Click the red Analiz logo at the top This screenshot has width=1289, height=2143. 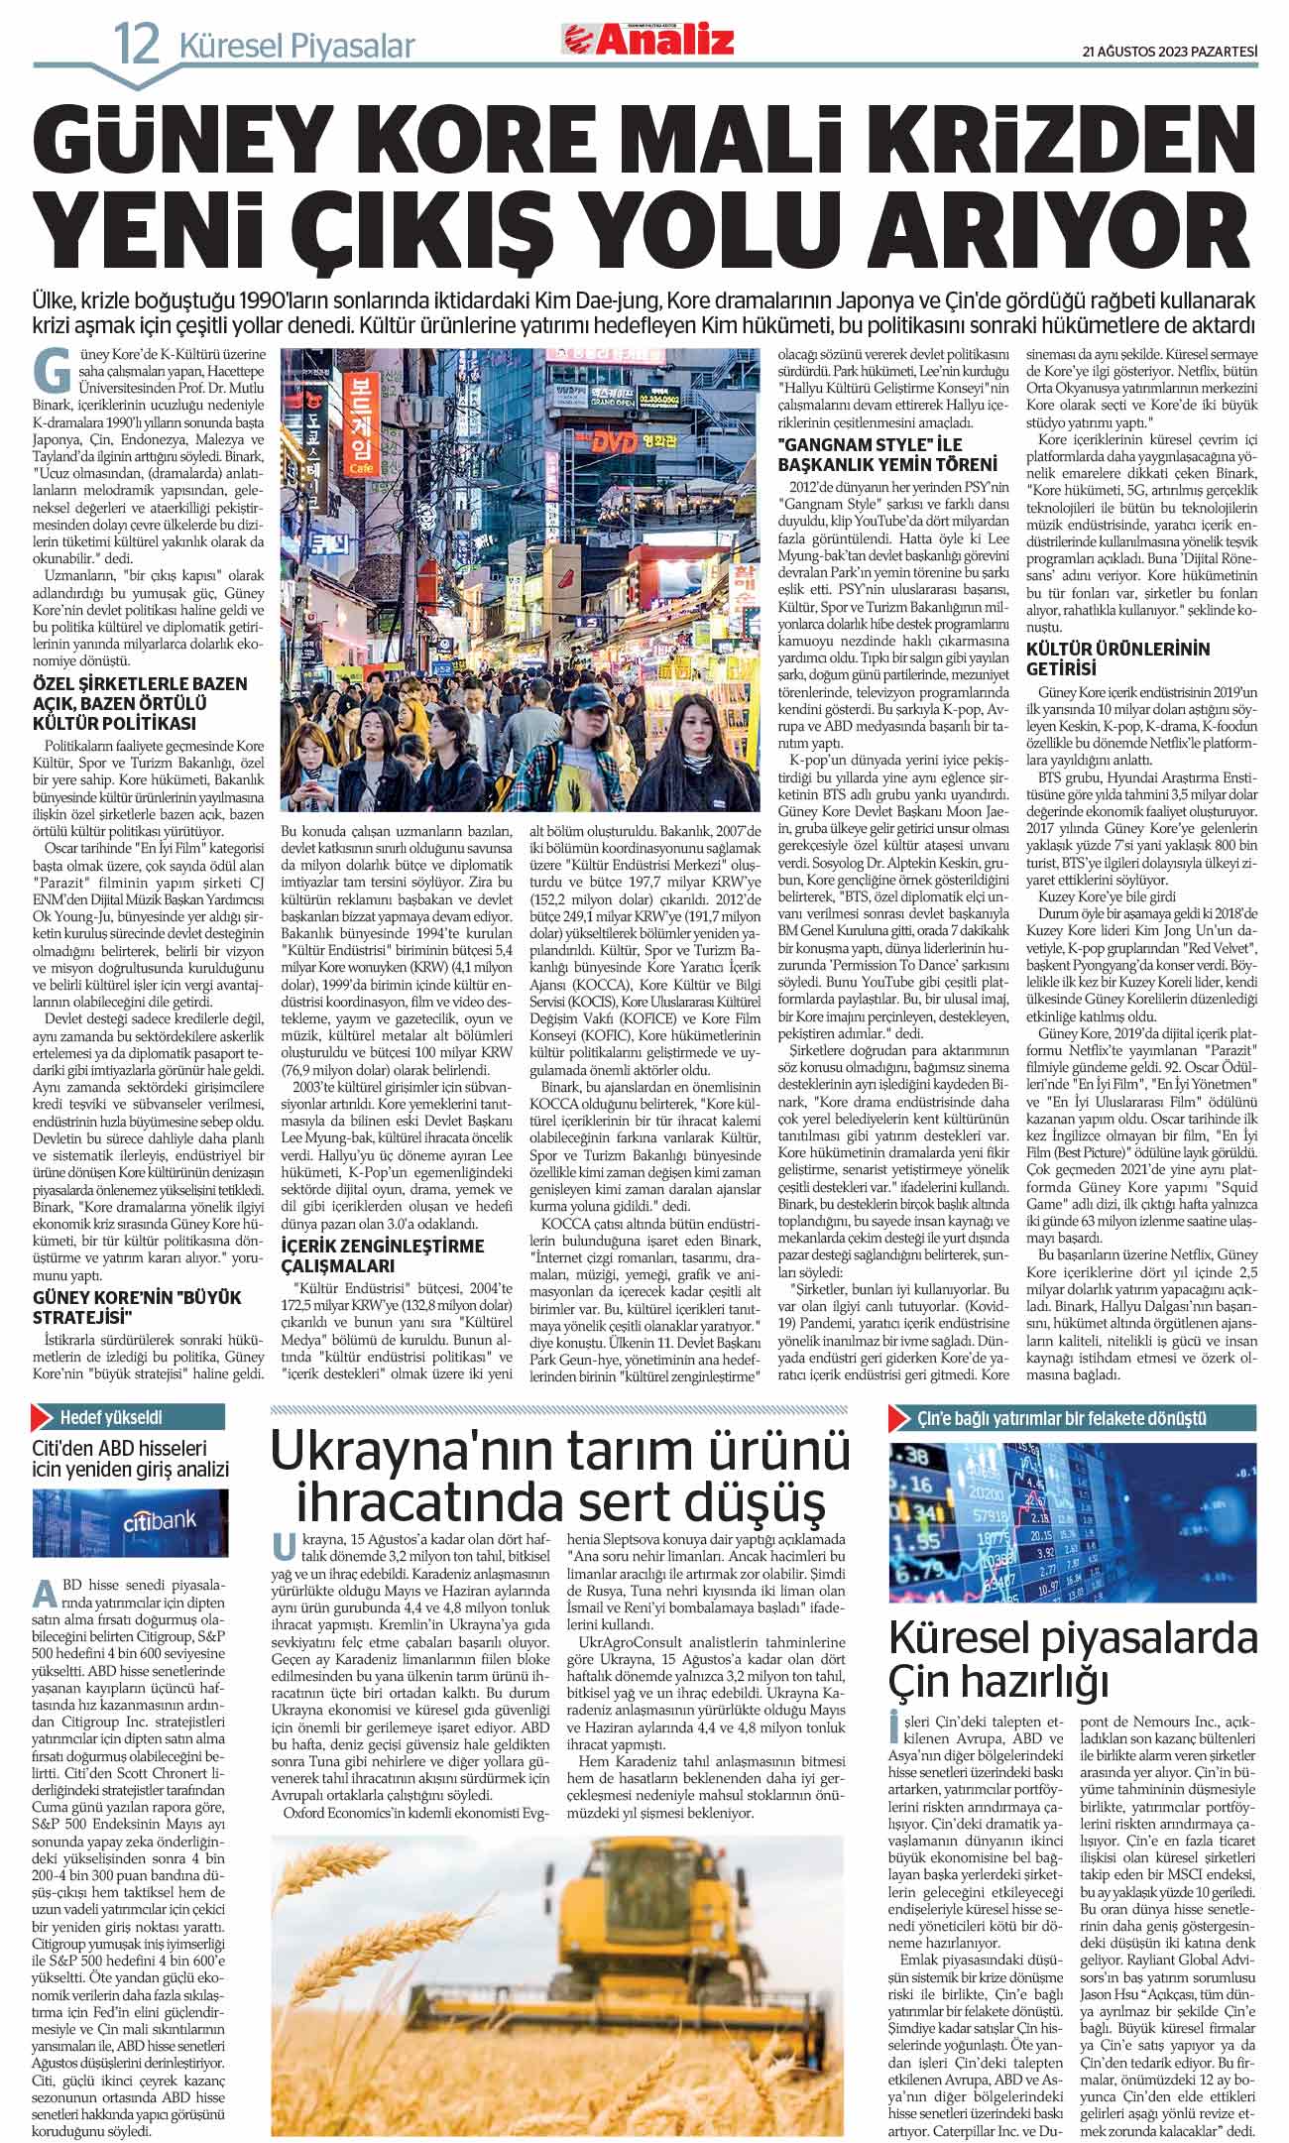coord(649,40)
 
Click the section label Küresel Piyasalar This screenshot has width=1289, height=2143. coord(296,46)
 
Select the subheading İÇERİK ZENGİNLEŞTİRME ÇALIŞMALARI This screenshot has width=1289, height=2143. coord(383,1255)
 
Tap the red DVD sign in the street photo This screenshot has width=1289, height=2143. coord(615,443)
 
